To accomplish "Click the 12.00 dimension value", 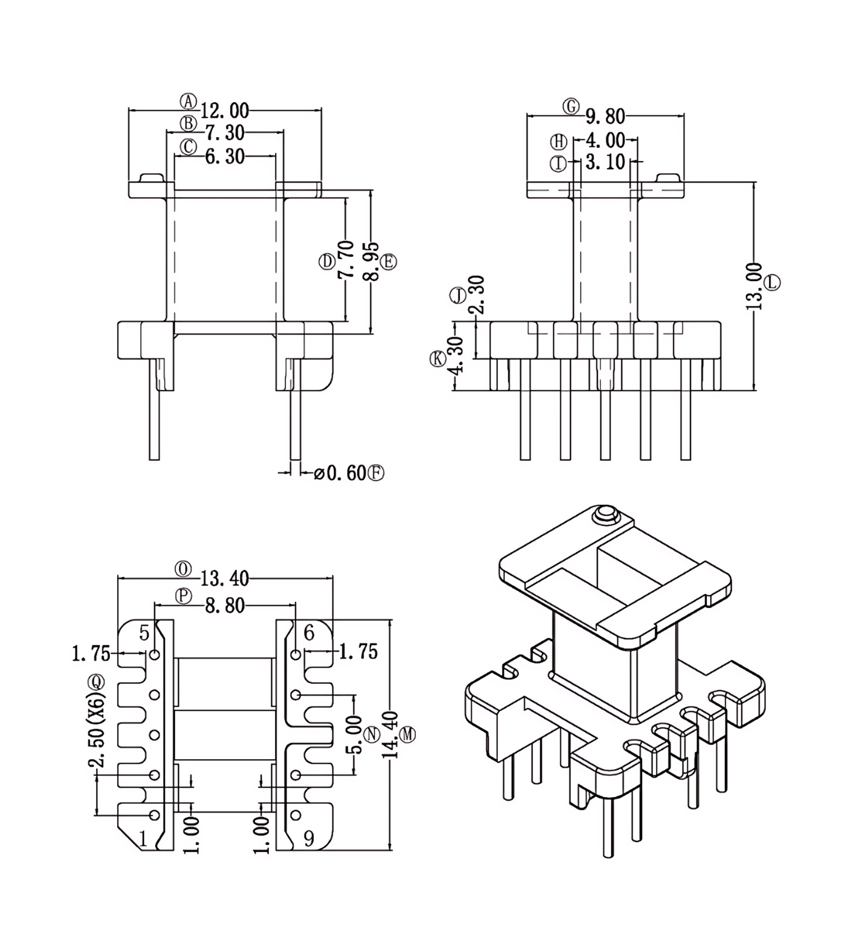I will [225, 111].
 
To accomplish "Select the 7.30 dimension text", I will [225, 134].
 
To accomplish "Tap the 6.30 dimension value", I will [225, 157].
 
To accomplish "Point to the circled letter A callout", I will [189, 101].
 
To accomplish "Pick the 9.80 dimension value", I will [605, 116].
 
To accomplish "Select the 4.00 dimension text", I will [605, 140].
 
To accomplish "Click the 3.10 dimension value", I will [605, 162].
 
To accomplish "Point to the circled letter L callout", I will [772, 282].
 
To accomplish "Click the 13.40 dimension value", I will [225, 579].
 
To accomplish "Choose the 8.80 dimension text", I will [225, 606].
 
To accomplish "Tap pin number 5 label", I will [144, 633].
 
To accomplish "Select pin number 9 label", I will [309, 839].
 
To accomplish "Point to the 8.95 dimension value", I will [372, 262].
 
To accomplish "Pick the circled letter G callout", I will [571, 107].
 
